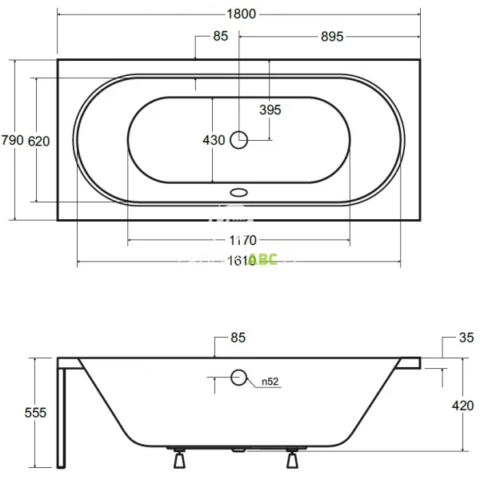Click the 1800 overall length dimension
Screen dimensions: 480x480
[239, 14]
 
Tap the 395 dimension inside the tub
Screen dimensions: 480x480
[270, 110]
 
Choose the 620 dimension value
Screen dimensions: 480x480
[39, 141]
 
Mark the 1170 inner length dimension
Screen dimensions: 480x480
[239, 240]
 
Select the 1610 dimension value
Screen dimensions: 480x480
[239, 262]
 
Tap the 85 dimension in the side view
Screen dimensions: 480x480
[238, 338]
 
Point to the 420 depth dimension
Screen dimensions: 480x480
[463, 406]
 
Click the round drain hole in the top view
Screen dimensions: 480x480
[239, 140]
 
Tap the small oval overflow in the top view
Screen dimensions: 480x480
[239, 192]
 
